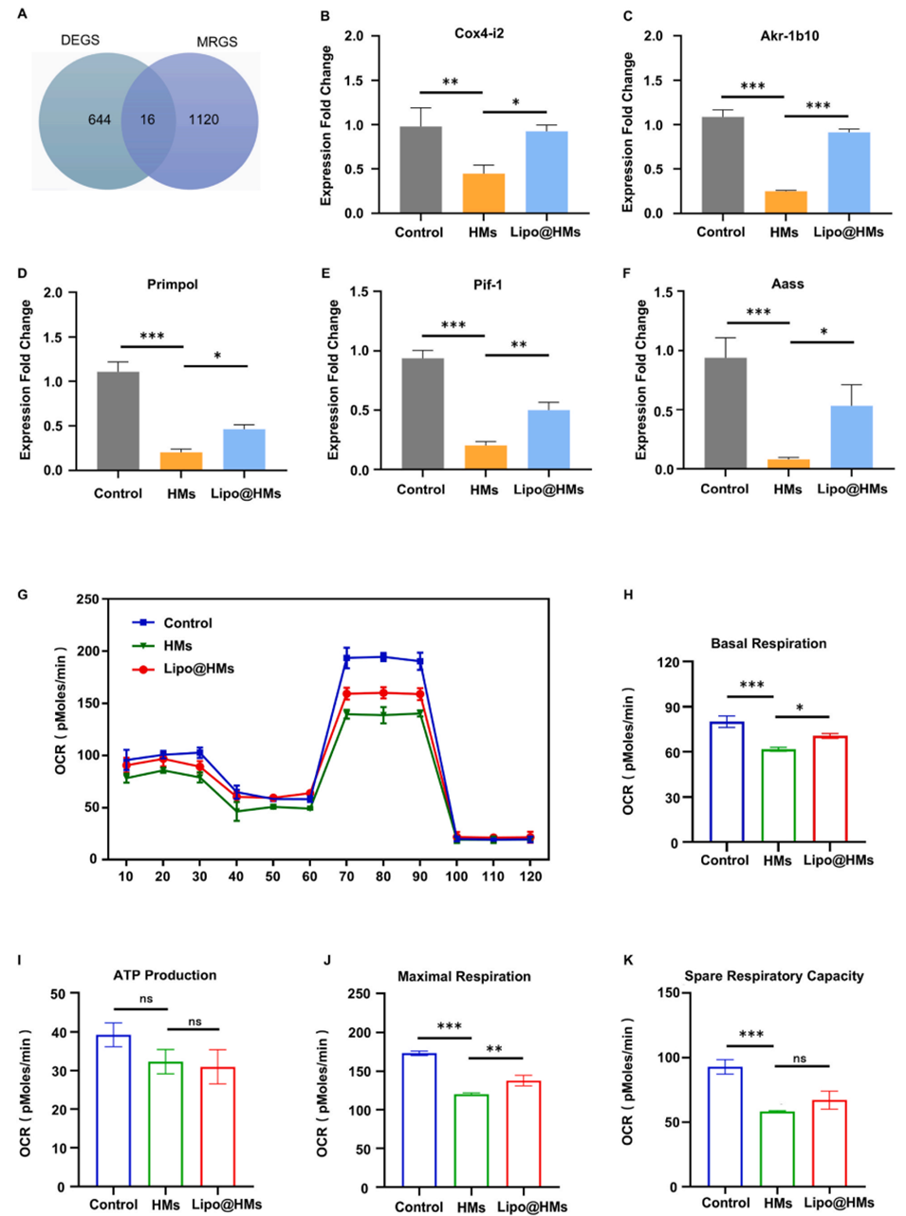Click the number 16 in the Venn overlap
point(147,120)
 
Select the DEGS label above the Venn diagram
point(80,40)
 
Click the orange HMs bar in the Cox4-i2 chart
point(483,193)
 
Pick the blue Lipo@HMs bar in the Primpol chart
point(244,450)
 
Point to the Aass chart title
point(787,284)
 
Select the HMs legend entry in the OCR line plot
point(177,646)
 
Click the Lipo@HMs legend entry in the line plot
point(198,669)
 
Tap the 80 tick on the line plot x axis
point(382,877)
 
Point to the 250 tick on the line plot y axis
point(87,599)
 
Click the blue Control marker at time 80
point(382,656)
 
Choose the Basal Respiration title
point(767,643)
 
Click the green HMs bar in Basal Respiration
point(777,796)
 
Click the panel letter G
point(23,595)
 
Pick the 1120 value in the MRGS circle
point(203,120)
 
